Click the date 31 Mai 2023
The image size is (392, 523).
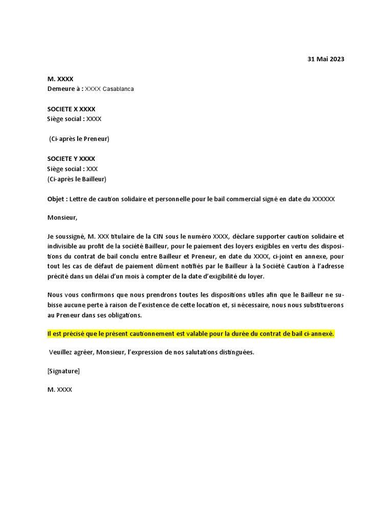click(x=326, y=59)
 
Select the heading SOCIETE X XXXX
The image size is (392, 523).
click(x=71, y=109)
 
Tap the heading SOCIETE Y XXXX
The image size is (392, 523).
click(x=71, y=159)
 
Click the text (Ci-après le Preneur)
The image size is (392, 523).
click(x=79, y=139)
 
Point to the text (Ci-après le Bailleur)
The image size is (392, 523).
click(x=77, y=179)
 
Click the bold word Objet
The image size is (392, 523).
click(x=56, y=199)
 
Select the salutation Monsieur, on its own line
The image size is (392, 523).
click(x=62, y=218)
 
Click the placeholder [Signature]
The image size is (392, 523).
click(x=63, y=371)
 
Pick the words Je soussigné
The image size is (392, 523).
click(x=66, y=236)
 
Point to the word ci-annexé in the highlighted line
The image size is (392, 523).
click(x=319, y=334)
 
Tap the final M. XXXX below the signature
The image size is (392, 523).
click(x=60, y=389)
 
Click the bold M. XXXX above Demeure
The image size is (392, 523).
click(x=60, y=79)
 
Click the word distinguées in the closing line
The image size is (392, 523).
click(x=234, y=352)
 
